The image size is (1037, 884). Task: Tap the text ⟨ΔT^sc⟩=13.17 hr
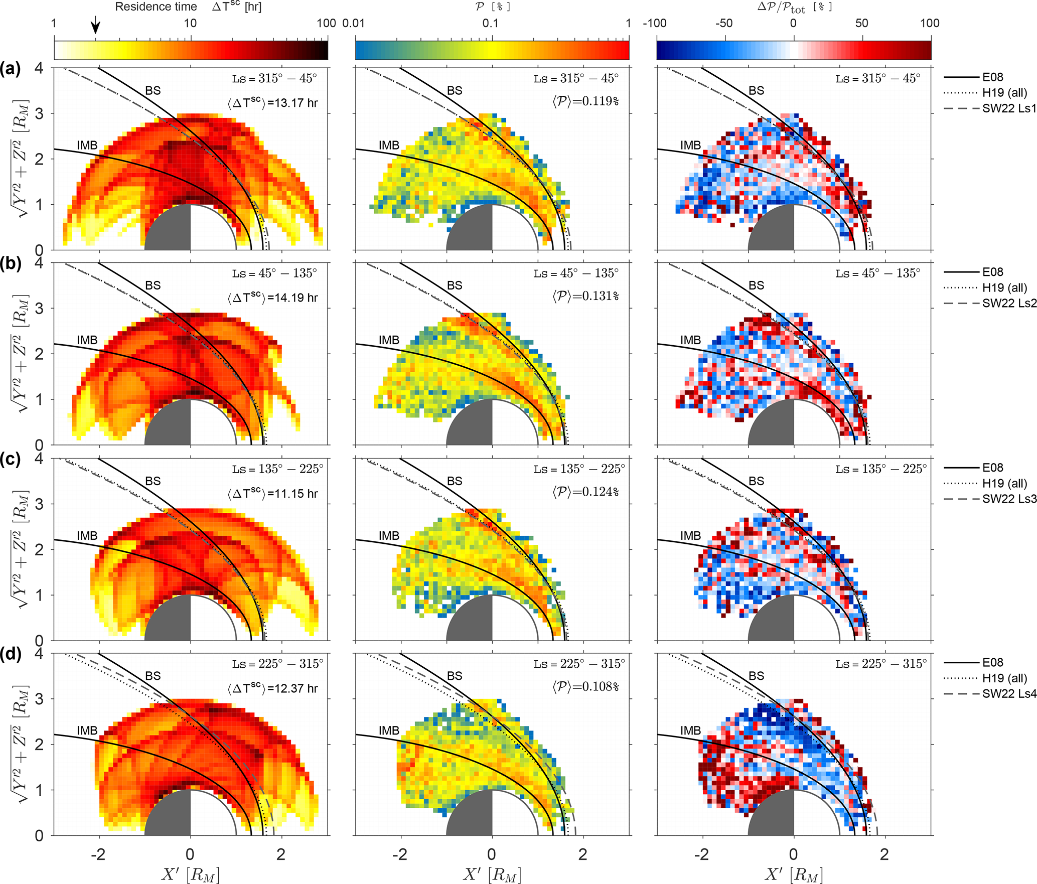click(x=272, y=102)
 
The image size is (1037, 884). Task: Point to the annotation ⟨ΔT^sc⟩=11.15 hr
click(x=272, y=493)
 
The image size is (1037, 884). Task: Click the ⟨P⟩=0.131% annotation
click(x=585, y=296)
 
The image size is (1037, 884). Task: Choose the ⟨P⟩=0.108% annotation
click(x=585, y=686)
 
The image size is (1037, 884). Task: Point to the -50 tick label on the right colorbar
click(x=723, y=23)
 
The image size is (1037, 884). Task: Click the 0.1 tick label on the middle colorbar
click(x=490, y=23)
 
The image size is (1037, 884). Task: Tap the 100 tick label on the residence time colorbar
click(x=326, y=23)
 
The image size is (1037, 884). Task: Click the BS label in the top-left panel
click(x=153, y=90)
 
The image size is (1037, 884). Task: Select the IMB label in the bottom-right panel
click(x=690, y=730)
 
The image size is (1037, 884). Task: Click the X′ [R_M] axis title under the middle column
click(x=492, y=874)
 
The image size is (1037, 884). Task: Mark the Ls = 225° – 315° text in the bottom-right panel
click(x=880, y=664)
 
